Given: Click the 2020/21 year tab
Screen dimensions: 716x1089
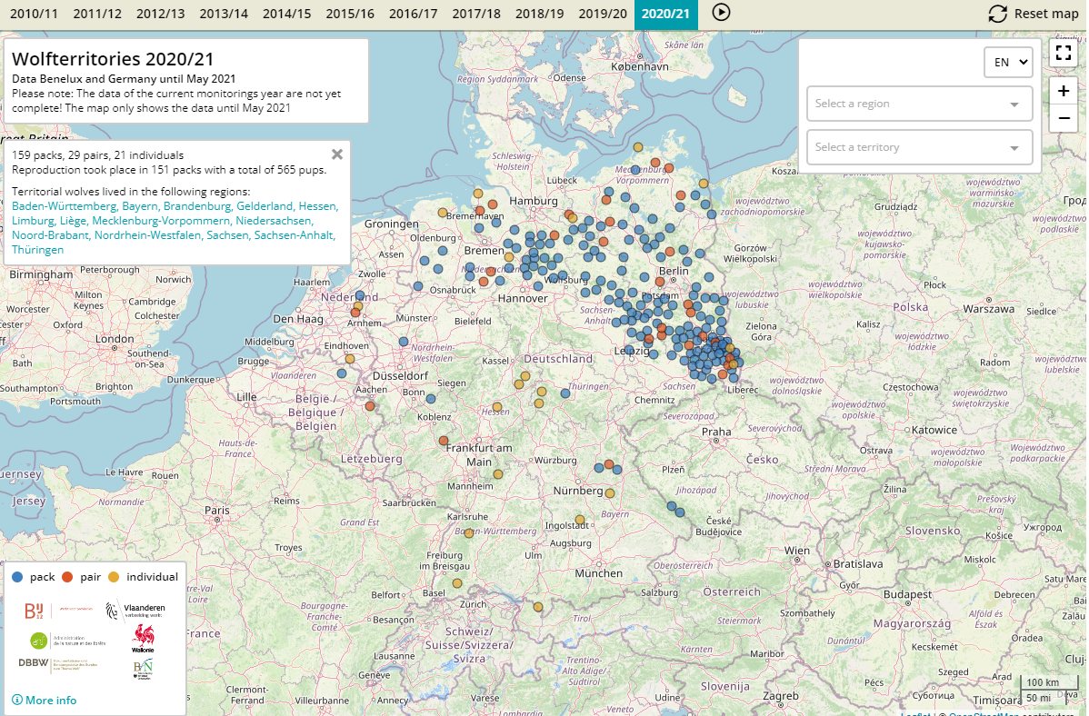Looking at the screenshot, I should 665,14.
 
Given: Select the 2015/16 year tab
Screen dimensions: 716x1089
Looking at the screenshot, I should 349,14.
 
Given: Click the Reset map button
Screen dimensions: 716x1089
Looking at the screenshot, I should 1034,14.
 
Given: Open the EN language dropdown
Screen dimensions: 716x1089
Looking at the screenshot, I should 1008,62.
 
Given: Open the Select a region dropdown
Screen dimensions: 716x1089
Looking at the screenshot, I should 919,104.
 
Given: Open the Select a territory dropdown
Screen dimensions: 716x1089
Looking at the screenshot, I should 919,147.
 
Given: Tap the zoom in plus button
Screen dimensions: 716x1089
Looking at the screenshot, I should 1063,91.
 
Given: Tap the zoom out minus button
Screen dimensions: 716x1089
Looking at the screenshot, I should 1063,118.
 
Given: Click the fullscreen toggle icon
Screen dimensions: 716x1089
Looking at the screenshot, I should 1063,52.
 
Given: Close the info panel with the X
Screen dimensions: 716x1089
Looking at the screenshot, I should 337,154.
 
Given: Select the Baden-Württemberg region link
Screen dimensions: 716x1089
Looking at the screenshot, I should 64,206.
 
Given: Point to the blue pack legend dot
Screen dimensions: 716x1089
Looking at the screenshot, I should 17,577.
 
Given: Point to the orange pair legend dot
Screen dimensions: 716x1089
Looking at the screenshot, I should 67,577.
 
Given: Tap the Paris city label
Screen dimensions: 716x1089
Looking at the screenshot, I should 217,511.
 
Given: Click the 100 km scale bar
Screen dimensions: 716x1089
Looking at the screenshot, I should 1042,683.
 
